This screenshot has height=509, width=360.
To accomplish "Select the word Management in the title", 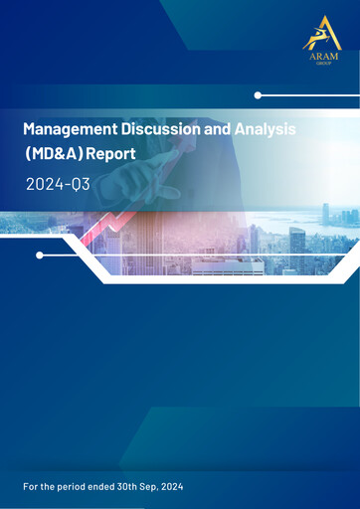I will coord(67,130).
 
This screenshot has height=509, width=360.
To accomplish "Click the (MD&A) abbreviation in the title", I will coord(58,156).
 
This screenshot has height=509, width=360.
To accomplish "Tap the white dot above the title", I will coord(258,95).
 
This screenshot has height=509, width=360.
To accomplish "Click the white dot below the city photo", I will coord(40,255).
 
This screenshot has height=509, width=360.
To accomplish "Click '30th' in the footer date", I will coord(126,487).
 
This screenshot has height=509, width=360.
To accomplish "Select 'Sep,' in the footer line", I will coord(151,487).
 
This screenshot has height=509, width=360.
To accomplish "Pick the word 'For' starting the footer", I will coord(30,487).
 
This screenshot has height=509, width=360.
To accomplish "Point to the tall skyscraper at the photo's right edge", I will coord(325,214).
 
